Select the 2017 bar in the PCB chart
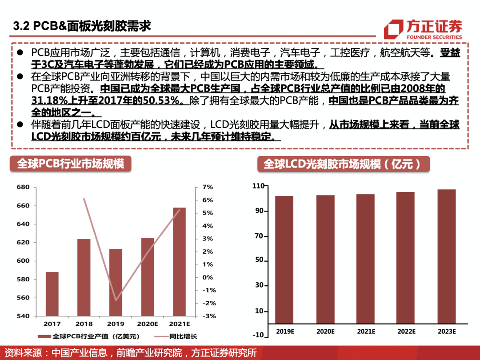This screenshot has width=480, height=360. (x=52, y=294)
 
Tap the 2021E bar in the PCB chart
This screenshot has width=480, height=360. (x=179, y=262)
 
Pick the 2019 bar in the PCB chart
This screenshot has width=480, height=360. (x=116, y=282)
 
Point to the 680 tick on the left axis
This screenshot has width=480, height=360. (x=23, y=187)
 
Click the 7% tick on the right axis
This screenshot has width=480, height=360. (x=208, y=187)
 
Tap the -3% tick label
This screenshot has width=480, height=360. (x=208, y=316)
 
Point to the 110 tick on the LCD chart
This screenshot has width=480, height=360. (x=258, y=186)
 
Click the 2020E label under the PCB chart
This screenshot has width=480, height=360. (x=148, y=324)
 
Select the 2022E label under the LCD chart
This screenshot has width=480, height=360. (x=406, y=332)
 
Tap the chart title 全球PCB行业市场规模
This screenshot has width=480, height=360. (x=70, y=164)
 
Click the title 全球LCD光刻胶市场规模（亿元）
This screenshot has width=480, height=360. (x=343, y=164)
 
